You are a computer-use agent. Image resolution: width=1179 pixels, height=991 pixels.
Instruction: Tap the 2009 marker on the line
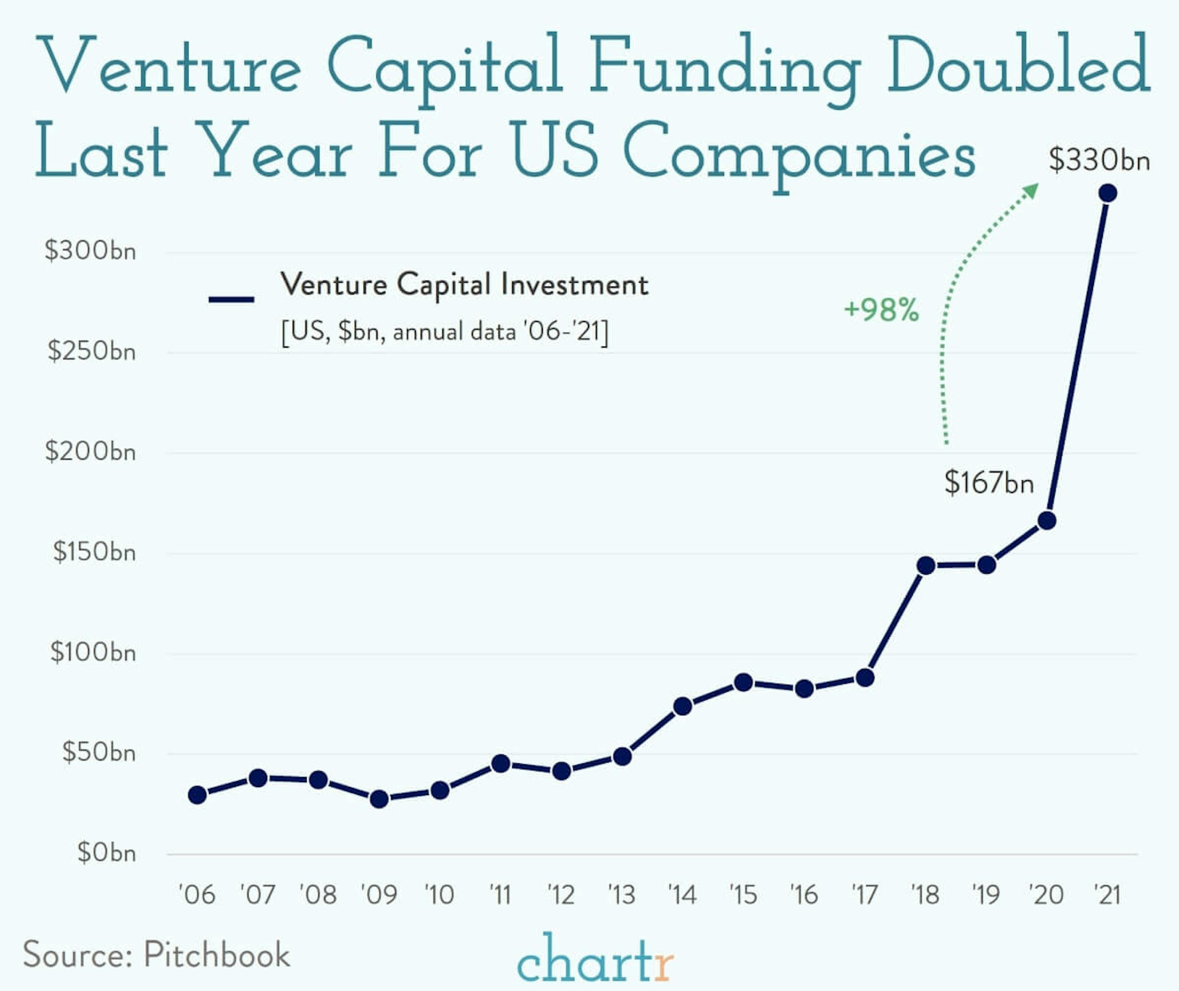tap(379, 799)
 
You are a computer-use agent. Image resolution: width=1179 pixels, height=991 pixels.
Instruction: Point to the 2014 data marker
tap(683, 706)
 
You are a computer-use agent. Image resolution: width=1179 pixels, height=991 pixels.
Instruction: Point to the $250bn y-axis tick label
tap(91, 351)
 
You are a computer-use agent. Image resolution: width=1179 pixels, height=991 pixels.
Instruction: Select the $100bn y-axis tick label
tap(93, 652)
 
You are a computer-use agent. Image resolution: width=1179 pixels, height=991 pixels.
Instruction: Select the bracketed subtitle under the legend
tap(445, 332)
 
